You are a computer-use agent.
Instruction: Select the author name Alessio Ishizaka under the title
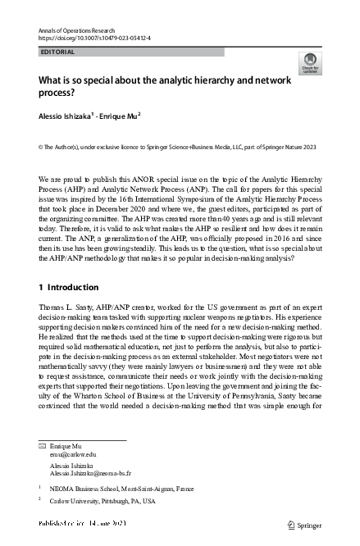tap(66, 116)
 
